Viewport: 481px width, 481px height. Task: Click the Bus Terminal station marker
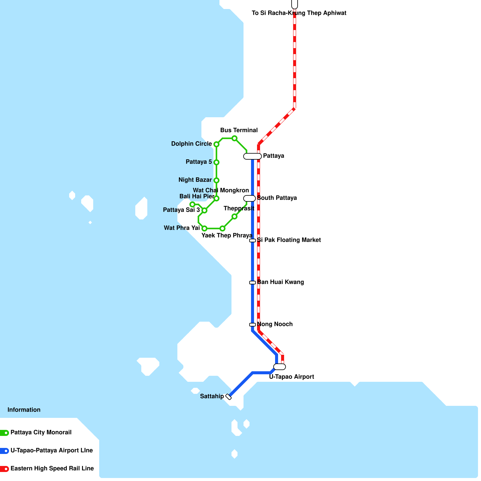(x=234, y=138)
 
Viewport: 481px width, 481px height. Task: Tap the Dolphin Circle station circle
(x=216, y=144)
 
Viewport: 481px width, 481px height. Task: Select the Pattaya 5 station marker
(x=216, y=162)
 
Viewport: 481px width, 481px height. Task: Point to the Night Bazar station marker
(x=216, y=180)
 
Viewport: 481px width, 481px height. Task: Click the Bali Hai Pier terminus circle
(x=192, y=204)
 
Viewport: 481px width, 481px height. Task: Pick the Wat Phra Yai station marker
(x=204, y=228)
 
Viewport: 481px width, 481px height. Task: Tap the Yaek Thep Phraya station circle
(x=222, y=228)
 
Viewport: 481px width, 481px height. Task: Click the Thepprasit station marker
(x=234, y=216)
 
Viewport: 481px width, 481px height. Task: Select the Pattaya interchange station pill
(x=253, y=156)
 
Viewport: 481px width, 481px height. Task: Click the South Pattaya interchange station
(x=250, y=198)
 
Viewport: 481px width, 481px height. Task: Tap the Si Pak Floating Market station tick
(x=253, y=240)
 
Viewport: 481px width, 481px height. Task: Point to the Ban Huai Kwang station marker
(x=253, y=283)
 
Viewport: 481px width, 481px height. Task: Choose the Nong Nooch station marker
(x=253, y=325)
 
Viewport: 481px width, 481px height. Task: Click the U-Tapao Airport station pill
(x=280, y=367)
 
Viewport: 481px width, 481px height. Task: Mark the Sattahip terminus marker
(x=228, y=397)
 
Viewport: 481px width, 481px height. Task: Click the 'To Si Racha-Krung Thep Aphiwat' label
(x=299, y=13)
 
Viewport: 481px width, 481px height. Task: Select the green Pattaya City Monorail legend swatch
(x=5, y=433)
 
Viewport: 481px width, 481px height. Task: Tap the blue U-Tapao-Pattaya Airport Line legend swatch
(x=5, y=451)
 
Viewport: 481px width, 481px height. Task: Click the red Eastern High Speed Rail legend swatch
(x=5, y=469)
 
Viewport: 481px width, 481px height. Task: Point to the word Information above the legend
(x=24, y=410)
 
